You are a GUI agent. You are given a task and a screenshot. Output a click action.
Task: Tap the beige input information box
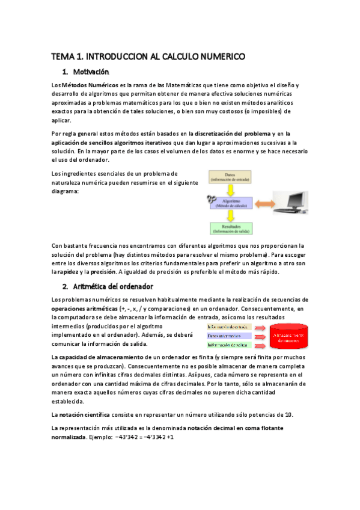click(229, 327)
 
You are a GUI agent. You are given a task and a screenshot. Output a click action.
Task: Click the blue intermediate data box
click(229, 336)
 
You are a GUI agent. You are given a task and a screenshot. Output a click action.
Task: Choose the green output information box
click(229, 345)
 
